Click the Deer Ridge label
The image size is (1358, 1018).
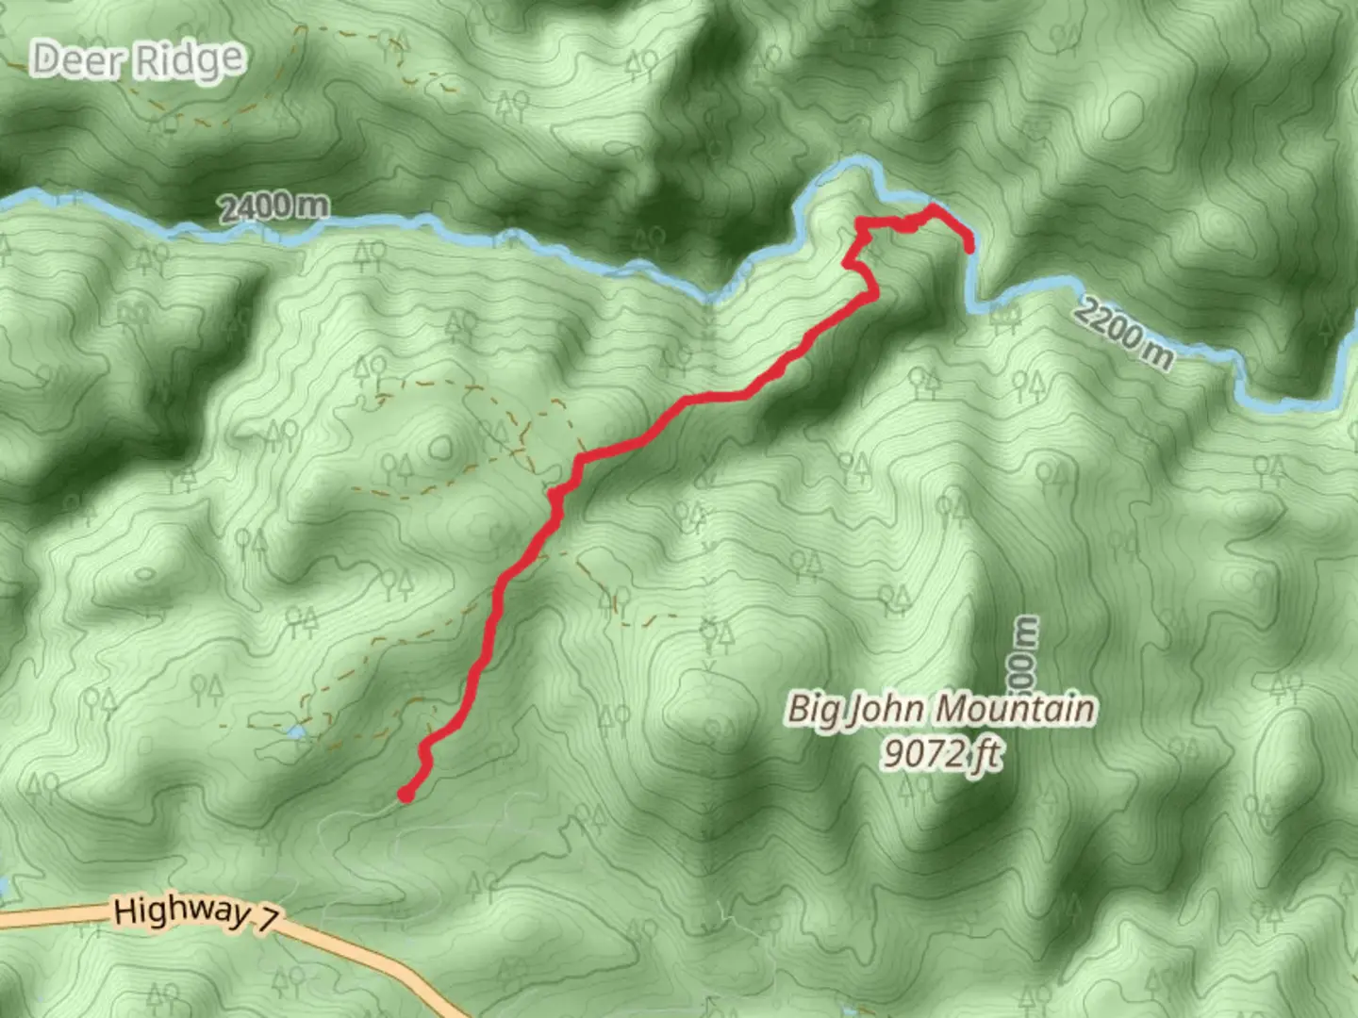coord(138,61)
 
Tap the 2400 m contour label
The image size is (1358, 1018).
coord(274,206)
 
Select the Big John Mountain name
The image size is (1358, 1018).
coord(941,709)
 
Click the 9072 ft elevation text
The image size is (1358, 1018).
coord(941,754)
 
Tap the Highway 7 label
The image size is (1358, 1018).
coord(196,912)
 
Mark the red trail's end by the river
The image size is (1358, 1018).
coord(969,247)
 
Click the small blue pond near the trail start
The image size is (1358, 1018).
coord(296,731)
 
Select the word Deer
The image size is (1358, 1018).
coord(78,60)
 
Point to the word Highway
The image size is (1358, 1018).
coord(182,911)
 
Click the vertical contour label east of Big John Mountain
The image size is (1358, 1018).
coord(1026,656)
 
